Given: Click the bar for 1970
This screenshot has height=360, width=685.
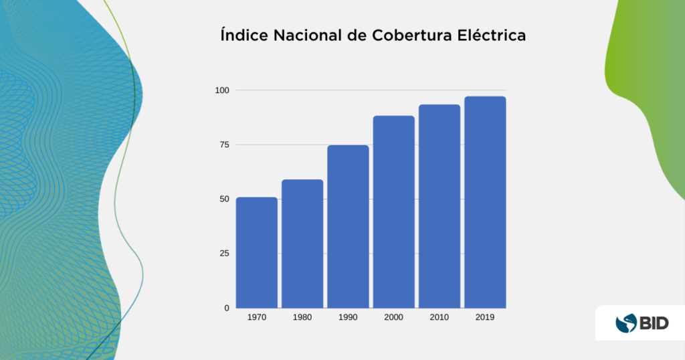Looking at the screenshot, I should click(257, 252).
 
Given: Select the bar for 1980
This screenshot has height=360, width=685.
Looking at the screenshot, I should click(302, 244).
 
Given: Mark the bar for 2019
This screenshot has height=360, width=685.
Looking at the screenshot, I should click(485, 202).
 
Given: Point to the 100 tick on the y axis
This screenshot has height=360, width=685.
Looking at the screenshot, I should click(222, 90).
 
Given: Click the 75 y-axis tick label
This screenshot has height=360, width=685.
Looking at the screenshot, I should click(224, 145).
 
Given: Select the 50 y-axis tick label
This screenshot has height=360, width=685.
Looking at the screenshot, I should click(224, 199).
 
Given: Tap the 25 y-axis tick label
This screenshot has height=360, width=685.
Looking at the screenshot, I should click(224, 253).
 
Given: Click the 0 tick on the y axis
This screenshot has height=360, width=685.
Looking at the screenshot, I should click(227, 308).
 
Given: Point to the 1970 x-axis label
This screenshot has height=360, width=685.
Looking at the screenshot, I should click(257, 317).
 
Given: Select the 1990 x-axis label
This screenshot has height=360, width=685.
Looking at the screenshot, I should click(348, 317).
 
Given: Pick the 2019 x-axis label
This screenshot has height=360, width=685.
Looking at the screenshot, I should click(485, 317).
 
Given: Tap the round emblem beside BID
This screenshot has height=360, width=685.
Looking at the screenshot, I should click(626, 323).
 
